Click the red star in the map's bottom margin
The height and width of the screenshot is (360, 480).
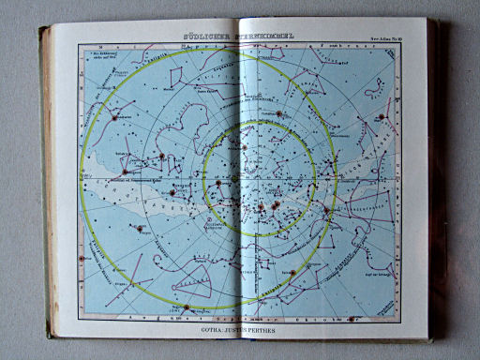click(x=187, y=307)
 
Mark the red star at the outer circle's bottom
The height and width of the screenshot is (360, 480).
click(x=187, y=307)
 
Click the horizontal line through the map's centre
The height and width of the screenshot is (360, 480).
click(x=141, y=178)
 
